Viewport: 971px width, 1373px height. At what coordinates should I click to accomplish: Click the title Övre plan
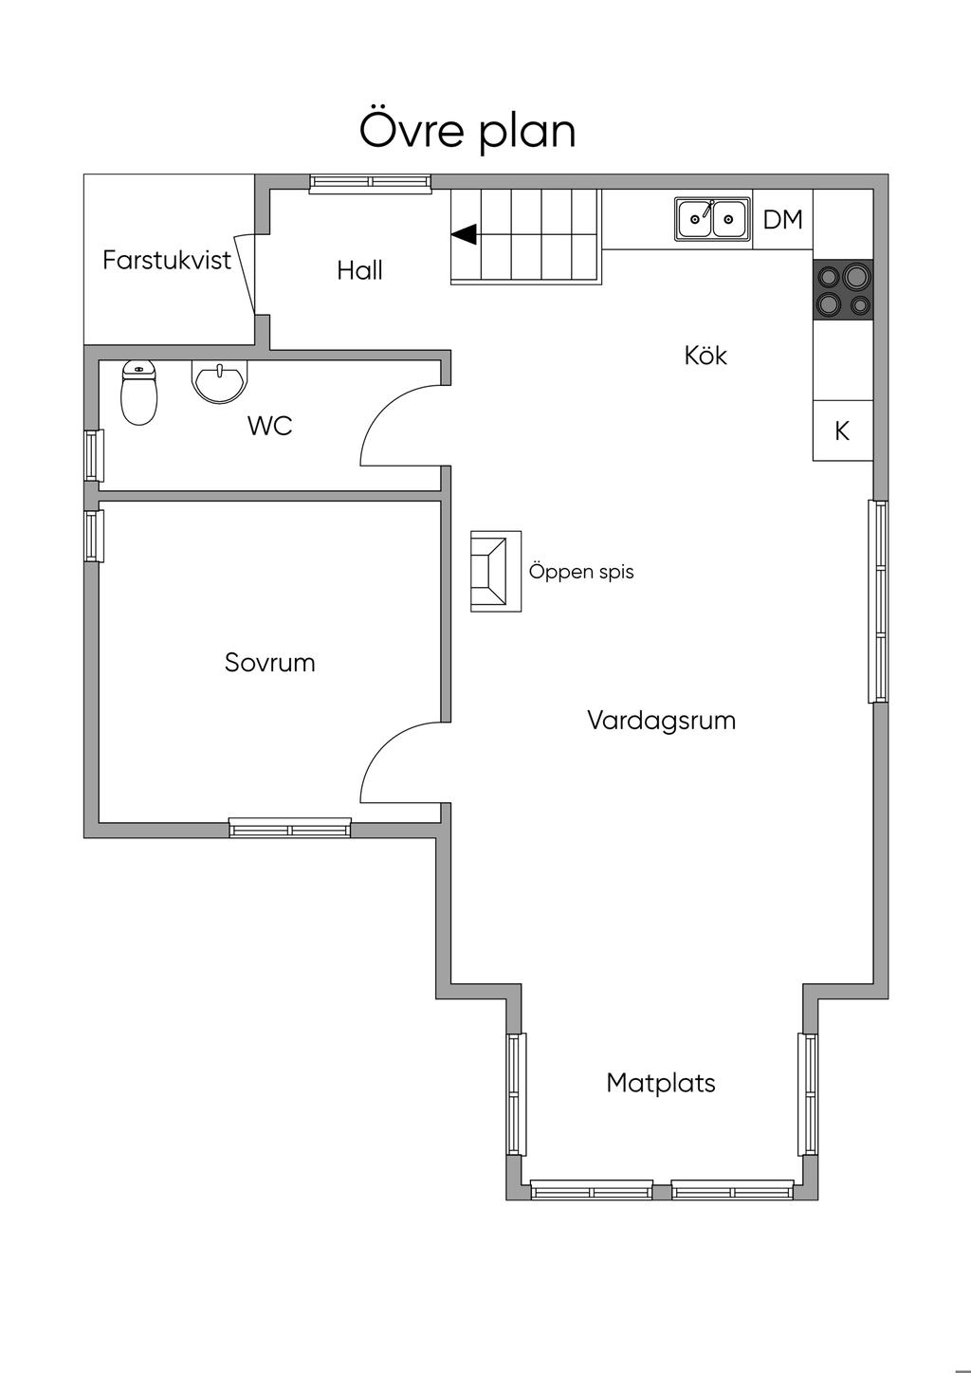pos(467,130)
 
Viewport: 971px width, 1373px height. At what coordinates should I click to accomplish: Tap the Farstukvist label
pos(167,261)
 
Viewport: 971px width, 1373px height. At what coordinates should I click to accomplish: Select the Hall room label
pos(359,270)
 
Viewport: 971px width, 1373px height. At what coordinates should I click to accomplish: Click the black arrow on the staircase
pos(464,235)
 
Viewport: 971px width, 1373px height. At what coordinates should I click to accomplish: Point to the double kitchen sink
pos(713,219)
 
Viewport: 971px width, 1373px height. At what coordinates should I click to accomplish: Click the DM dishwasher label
pos(783,219)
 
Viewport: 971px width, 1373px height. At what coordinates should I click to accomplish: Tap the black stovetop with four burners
pos(843,289)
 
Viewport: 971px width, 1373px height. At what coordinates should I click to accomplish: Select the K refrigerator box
pos(843,430)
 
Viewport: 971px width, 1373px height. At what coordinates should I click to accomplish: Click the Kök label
pos(705,356)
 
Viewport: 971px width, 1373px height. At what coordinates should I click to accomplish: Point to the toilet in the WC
pos(139,393)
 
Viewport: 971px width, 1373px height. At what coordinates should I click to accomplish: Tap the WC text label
pos(269,426)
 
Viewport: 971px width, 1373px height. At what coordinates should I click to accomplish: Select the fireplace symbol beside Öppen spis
pos(496,571)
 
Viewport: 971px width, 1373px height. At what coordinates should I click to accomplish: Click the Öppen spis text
pos(581,572)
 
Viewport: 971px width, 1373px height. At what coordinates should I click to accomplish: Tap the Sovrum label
pos(269,663)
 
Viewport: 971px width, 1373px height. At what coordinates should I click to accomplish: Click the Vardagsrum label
pos(662,721)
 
